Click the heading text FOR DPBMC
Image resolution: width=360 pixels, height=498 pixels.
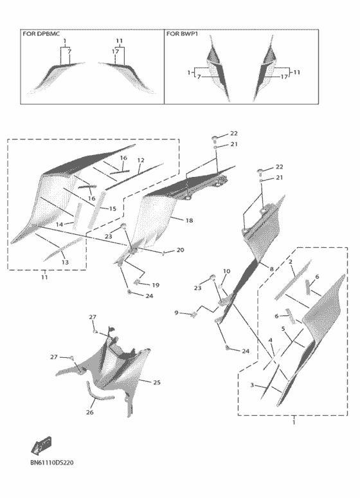[x=41, y=33]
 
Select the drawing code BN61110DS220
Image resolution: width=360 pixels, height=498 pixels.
[x=51, y=463]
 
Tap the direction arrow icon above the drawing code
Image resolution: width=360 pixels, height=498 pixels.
[x=41, y=445]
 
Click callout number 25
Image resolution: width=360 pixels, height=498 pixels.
[x=157, y=382]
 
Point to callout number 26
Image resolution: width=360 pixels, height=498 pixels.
[x=90, y=412]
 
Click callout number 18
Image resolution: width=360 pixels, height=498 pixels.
[x=189, y=220]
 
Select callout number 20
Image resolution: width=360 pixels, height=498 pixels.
[x=180, y=250]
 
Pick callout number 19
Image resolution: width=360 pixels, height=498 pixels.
[x=155, y=285]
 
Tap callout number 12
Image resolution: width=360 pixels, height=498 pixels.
[x=141, y=160]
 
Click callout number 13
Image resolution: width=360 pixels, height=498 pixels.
[x=65, y=263]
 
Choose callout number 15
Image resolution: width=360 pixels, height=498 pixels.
[x=113, y=208]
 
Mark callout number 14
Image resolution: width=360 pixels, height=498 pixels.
[x=59, y=225]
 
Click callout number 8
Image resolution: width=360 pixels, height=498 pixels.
[x=271, y=269]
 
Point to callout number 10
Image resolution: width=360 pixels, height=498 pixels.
[x=226, y=272]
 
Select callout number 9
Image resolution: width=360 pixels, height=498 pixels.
[x=177, y=313]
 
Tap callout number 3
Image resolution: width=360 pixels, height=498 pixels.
[x=252, y=385]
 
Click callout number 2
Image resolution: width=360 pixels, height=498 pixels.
[x=290, y=262]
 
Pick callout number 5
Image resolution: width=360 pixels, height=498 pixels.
[x=283, y=329]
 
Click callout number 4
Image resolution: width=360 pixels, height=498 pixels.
[x=271, y=340]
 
